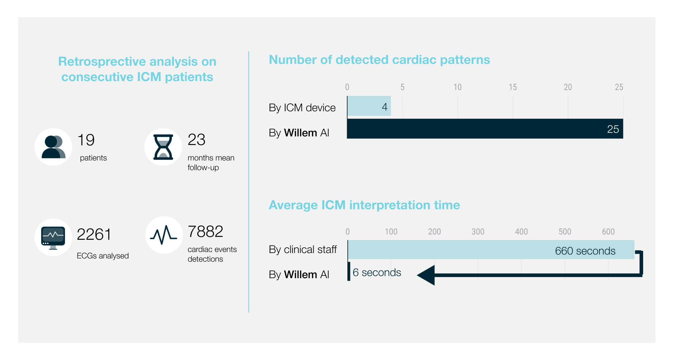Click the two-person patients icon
pos(53,147)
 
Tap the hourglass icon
pos(163,147)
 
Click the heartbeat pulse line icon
pos(164,235)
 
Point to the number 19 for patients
pos(86,140)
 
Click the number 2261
pos(94,234)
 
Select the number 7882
pos(205,232)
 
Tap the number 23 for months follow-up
pos(196,140)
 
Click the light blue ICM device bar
pos(369,106)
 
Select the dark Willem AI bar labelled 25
pos(485,129)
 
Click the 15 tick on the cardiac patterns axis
pos(512,87)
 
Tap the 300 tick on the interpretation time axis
pos(478,232)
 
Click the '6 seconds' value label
pos(376,272)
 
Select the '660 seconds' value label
pos(585,251)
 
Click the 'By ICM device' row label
pos(302,108)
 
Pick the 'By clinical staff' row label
pos(303,249)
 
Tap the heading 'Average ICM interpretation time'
pos(364,205)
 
